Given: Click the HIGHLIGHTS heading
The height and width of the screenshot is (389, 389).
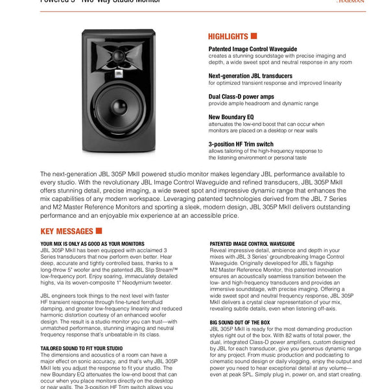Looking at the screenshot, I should [228, 36].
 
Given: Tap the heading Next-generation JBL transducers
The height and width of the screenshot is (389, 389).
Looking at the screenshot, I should [250, 76].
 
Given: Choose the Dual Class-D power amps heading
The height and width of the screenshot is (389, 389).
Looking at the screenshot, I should [241, 96].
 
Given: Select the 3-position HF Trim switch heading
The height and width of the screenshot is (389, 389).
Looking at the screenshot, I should [241, 144].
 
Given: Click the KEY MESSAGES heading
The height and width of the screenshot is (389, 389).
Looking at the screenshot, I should [66, 231].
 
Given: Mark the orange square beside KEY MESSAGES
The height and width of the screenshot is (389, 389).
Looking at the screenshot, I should [99, 230].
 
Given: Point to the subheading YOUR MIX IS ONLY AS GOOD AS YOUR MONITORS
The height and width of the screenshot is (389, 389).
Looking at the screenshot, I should [92, 244].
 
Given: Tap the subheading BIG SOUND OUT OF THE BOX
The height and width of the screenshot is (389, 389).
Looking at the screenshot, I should [239, 322].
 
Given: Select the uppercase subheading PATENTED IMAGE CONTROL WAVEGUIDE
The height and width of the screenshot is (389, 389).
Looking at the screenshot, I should [252, 244].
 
